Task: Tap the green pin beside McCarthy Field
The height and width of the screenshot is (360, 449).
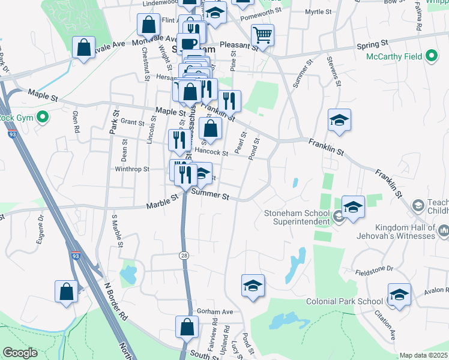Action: click(431, 57)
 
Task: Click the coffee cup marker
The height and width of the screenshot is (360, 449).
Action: click(188, 43)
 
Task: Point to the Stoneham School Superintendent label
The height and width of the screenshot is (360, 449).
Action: click(298, 217)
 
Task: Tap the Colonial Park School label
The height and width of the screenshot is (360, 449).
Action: click(344, 301)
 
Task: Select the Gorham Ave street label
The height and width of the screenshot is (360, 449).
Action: click(214, 312)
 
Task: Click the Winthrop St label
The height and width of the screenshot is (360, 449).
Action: click(132, 169)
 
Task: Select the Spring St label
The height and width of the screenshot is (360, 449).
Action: click(372, 45)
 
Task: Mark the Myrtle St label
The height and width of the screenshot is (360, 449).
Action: click(318, 12)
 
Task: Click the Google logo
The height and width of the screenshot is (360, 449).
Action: click(20, 353)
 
